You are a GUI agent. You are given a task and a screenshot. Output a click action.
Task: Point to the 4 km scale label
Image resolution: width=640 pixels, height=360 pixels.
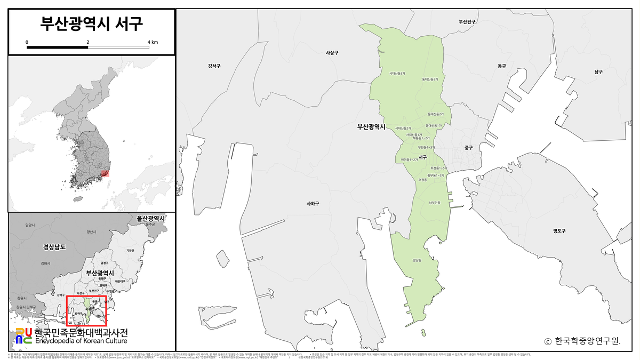tap(153, 42)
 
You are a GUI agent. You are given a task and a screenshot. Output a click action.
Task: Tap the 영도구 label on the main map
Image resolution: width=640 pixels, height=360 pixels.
tap(559, 230)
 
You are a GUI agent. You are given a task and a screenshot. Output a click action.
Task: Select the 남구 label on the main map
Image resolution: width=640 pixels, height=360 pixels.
tap(598, 71)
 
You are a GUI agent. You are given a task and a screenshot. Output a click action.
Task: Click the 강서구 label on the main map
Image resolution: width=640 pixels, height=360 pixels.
tap(214, 66)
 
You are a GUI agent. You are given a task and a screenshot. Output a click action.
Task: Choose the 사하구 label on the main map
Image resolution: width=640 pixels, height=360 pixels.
tap(313, 203)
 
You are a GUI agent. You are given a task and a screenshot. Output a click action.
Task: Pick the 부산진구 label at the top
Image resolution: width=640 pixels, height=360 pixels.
tap(467, 22)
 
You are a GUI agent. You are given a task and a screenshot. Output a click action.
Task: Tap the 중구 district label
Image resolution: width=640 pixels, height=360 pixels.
tap(469, 147)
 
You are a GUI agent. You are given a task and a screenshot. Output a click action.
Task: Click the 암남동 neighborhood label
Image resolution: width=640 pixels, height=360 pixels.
tap(417, 260)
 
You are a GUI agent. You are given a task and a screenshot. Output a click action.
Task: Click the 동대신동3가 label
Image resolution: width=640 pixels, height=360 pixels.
tap(429, 79)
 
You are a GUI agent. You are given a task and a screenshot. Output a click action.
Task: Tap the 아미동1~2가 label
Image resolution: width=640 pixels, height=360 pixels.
tap(410, 159)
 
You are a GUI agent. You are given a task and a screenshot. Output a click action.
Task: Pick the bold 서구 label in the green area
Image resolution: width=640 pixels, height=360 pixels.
tap(423, 157)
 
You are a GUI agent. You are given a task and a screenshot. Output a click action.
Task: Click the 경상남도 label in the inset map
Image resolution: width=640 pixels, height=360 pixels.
tap(54, 247)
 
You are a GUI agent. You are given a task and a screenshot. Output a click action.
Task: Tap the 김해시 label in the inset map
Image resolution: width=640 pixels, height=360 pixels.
tap(45, 263)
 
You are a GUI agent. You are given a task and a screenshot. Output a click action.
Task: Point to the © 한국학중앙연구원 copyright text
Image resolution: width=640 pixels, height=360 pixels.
tap(582, 341)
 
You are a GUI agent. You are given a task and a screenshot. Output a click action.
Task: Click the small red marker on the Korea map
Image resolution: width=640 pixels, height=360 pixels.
tap(105, 172)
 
